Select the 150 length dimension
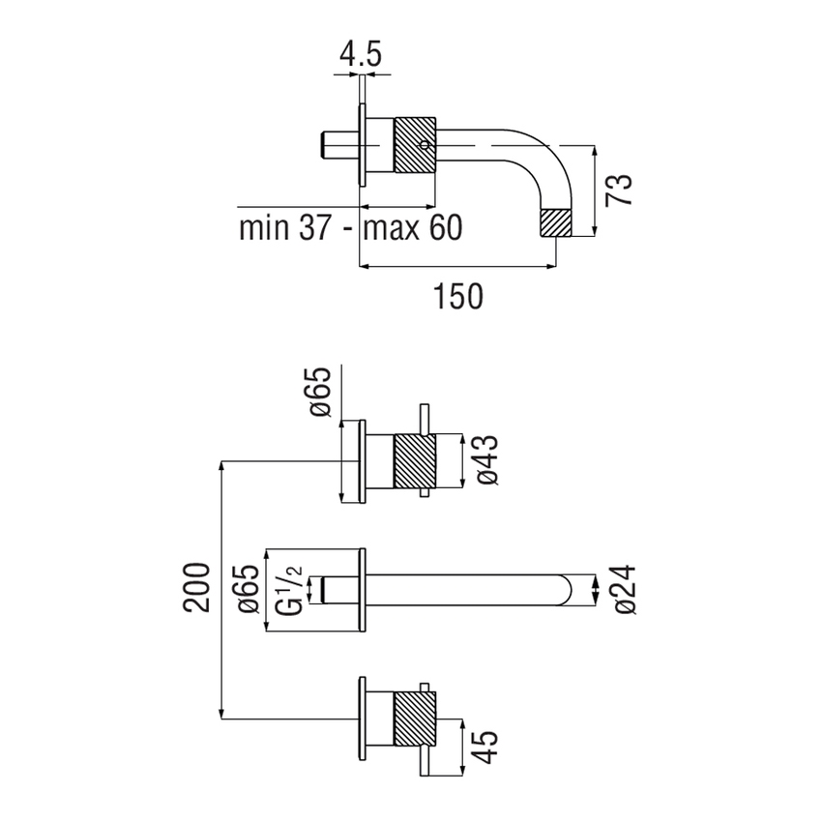457,295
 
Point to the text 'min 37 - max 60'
350,228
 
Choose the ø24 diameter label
624,587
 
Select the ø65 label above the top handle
321,392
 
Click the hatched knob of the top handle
416,462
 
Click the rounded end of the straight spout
576,588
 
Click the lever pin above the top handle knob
424,419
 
